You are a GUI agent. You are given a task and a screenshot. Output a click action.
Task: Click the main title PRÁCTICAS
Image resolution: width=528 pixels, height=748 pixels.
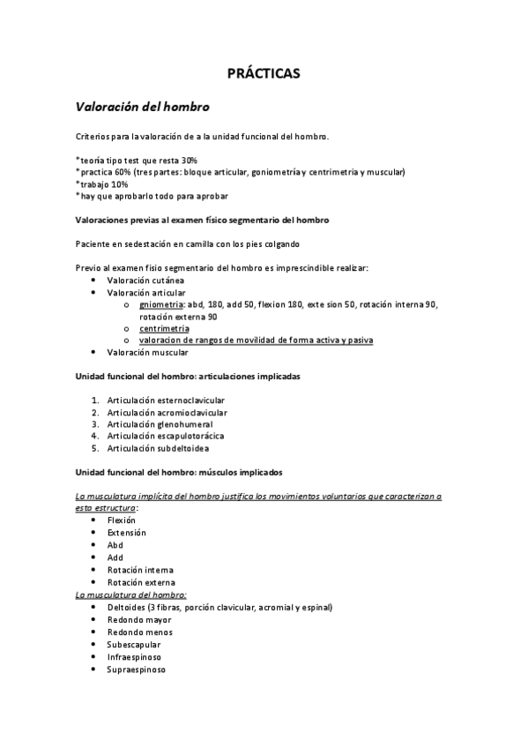point(264,74)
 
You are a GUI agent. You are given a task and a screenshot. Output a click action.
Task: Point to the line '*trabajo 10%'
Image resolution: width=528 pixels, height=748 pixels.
point(101,184)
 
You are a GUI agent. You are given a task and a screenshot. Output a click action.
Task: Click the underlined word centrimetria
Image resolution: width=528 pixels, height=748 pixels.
point(164,328)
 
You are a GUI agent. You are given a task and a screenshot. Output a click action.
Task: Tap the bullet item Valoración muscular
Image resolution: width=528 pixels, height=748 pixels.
point(147,353)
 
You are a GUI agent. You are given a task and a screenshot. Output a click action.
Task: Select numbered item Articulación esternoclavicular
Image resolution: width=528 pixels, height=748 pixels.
point(166,400)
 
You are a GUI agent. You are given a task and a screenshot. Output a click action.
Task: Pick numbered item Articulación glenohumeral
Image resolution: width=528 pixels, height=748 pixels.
point(160,423)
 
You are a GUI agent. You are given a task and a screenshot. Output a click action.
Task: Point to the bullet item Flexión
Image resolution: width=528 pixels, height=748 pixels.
point(123,520)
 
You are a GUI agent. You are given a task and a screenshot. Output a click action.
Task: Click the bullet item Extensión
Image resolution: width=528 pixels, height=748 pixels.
point(127,533)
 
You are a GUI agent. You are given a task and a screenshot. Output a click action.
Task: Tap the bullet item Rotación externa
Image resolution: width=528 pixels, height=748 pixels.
point(141,582)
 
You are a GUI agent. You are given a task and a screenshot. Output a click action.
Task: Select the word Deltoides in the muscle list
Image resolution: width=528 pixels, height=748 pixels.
point(126,607)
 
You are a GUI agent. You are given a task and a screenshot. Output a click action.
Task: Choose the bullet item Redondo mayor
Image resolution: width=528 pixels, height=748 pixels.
point(139,619)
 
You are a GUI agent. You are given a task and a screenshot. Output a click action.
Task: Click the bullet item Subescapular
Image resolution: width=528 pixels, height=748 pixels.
point(134,644)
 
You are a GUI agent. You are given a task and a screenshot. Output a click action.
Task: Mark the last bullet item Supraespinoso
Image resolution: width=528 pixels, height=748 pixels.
point(136,669)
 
